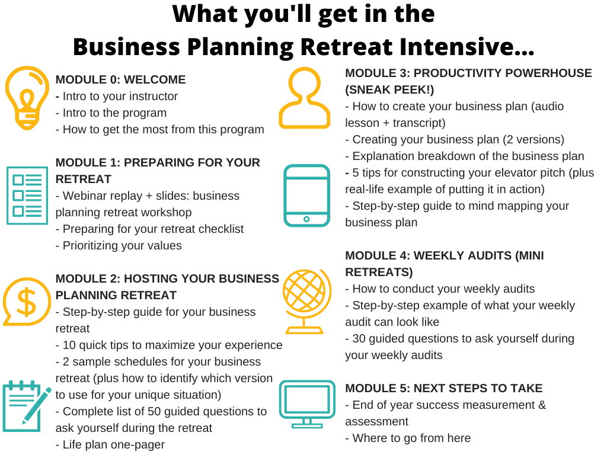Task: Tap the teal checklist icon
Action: [27, 196]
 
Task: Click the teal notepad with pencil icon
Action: [26, 406]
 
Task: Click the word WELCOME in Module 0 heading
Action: [155, 80]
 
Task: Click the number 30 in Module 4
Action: [359, 338]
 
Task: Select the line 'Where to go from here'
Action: [408, 438]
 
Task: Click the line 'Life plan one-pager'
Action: [110, 445]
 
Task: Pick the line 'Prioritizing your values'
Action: [119, 246]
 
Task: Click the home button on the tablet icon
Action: [306, 219]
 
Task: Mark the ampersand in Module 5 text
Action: [542, 405]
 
